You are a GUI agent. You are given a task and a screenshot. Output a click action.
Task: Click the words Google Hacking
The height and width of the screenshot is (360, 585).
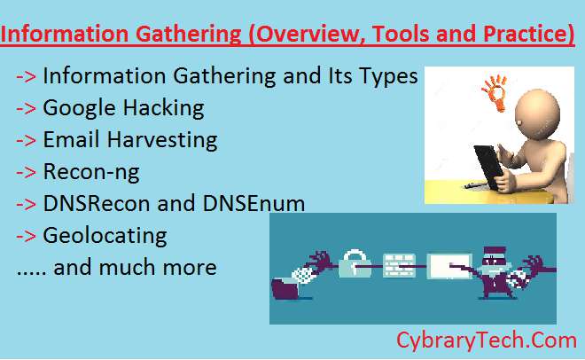tap(123, 108)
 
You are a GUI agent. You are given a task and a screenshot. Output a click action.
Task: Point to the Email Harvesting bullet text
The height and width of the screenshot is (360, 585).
tap(129, 140)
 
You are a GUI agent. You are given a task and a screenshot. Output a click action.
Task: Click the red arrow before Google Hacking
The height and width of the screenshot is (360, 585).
tap(27, 108)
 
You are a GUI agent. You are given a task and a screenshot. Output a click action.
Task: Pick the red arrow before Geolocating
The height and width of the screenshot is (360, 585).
tap(27, 235)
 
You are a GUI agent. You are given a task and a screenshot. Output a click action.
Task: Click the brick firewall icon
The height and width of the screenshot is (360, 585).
tap(399, 263)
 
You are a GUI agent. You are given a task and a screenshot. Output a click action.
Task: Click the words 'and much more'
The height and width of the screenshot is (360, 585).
tap(135, 267)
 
